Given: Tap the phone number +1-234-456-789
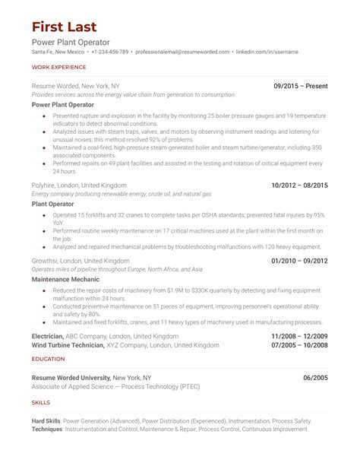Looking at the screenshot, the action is click(x=110, y=52).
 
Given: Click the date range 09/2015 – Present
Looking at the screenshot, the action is click(x=301, y=86).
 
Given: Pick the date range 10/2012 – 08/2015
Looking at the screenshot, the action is click(x=300, y=185).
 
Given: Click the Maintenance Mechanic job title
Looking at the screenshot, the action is click(x=66, y=279).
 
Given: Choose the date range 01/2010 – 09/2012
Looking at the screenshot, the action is click(x=300, y=260).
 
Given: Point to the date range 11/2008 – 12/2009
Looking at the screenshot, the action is click(x=300, y=335).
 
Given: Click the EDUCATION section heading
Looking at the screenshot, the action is click(x=49, y=358).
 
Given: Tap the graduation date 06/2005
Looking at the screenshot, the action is click(x=315, y=377).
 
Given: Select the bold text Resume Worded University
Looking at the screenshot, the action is click(x=71, y=377).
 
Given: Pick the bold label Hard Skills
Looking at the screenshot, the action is click(x=46, y=420).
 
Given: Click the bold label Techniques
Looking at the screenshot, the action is click(x=48, y=430).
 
